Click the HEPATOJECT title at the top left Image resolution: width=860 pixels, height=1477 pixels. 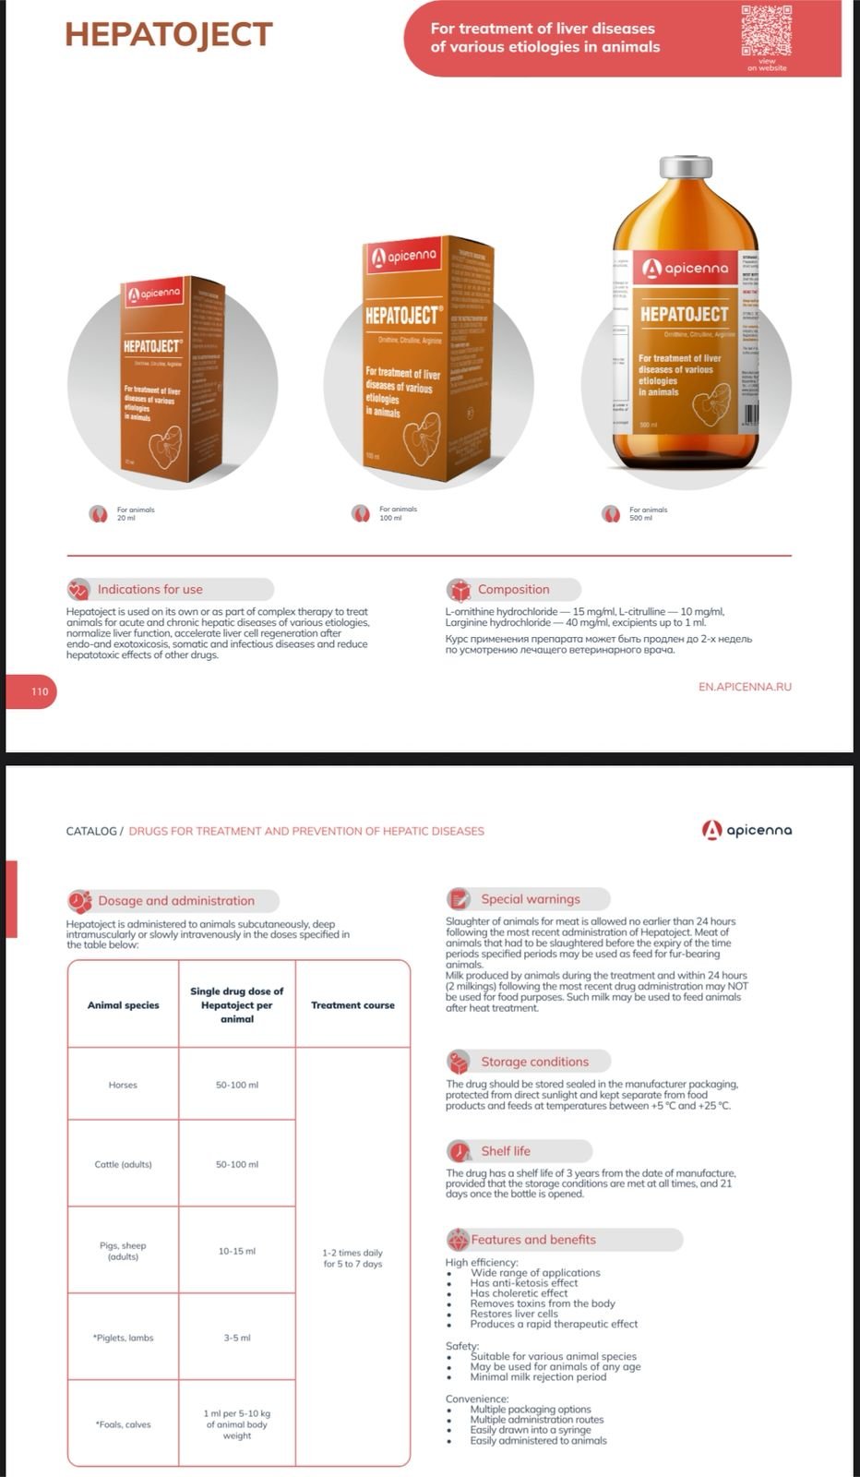coord(169,34)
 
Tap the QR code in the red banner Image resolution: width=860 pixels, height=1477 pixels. coord(766,30)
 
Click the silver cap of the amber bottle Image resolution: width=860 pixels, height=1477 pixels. coord(686,168)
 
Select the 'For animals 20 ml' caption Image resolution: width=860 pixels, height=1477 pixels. coord(135,513)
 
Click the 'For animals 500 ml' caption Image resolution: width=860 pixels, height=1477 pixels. coord(648,513)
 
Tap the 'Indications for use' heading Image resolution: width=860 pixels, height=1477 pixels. coord(149,589)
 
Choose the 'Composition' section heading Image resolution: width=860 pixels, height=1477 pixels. coord(513,589)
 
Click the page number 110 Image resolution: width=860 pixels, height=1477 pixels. coord(40,691)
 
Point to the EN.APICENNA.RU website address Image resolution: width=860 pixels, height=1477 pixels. coord(745,687)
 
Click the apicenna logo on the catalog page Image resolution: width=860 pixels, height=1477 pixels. coord(747,830)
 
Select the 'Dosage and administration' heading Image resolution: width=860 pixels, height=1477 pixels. coord(175,901)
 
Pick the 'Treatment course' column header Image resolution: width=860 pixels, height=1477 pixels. coord(352,1005)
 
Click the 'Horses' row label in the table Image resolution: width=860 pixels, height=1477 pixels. coord(123,1085)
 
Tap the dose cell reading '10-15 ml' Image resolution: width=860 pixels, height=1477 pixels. coord(237,1251)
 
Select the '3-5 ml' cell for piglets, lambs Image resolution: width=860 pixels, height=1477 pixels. coord(237,1338)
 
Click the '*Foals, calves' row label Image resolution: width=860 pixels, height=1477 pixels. coord(123,1424)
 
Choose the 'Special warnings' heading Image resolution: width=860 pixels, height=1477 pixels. coord(530,899)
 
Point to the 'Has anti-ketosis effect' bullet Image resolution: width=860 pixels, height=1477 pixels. coord(523,1283)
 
